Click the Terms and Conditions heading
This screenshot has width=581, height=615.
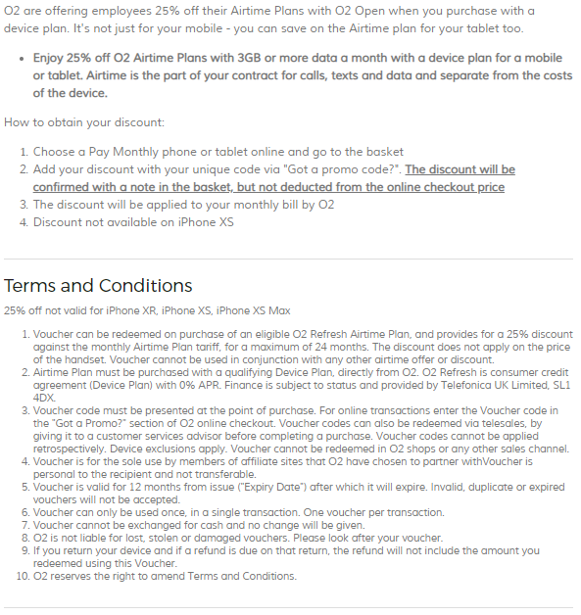point(98,286)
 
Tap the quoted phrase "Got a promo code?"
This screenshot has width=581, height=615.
point(344,169)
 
